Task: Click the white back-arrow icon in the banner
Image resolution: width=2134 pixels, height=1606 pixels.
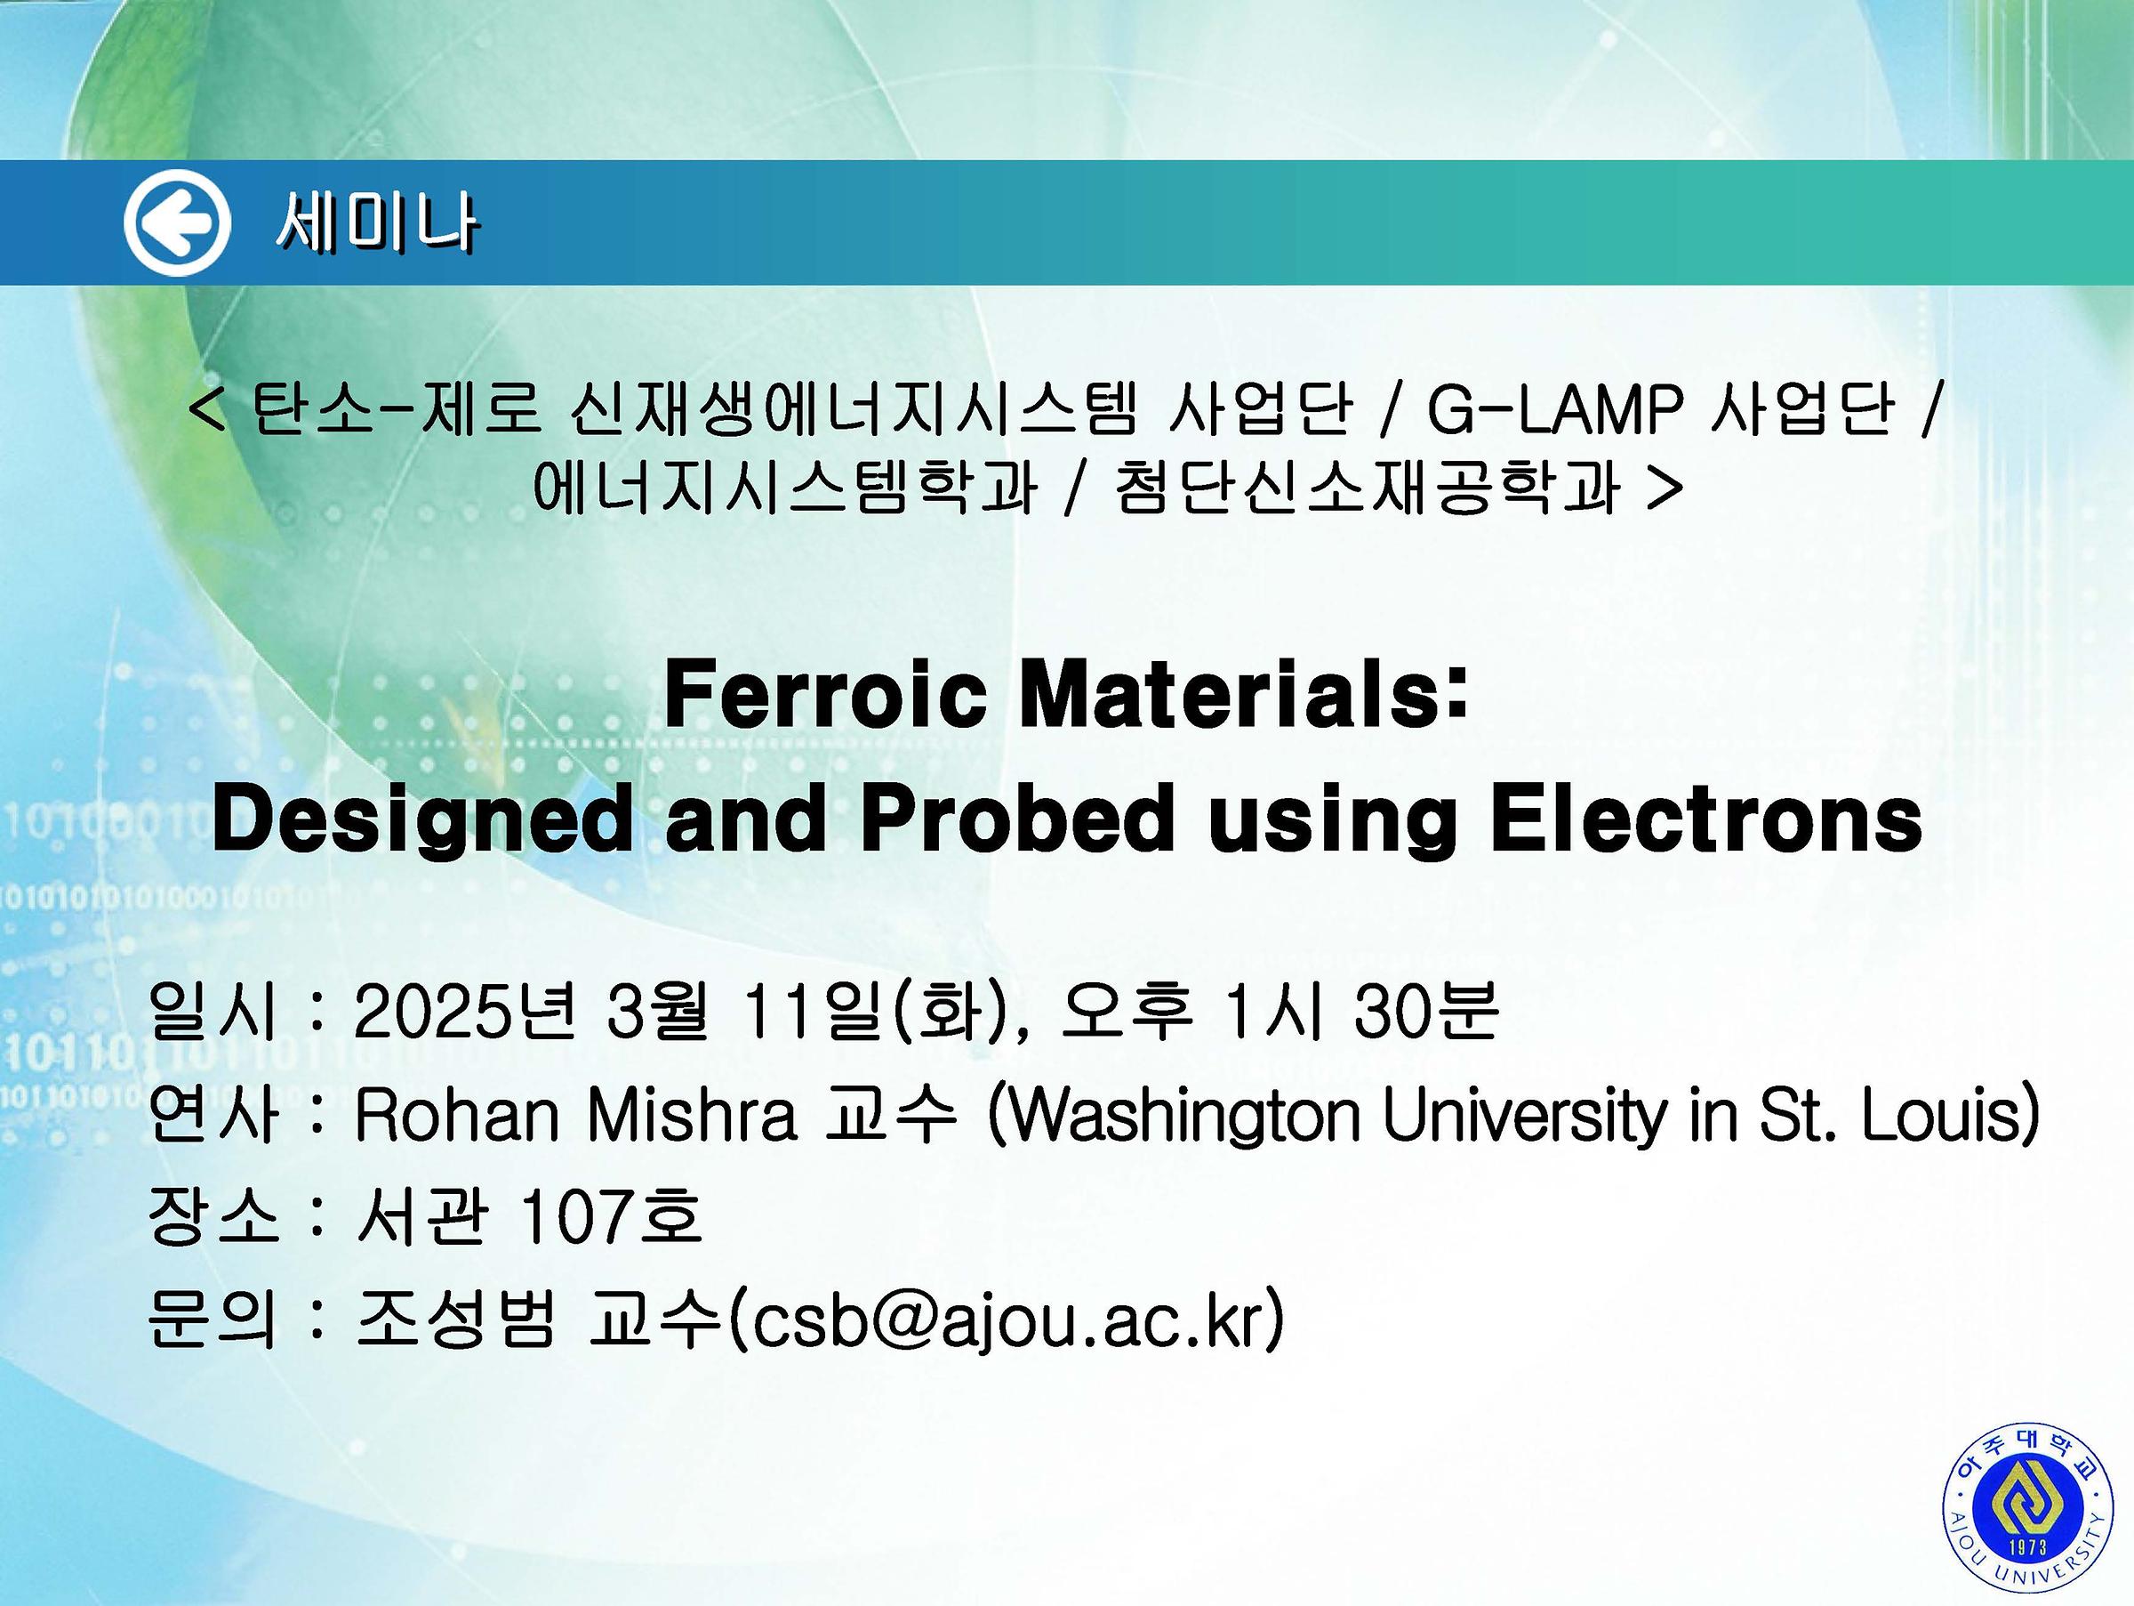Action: pos(178,223)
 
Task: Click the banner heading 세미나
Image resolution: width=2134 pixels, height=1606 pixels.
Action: pos(377,225)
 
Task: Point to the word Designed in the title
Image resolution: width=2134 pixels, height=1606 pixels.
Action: pos(421,821)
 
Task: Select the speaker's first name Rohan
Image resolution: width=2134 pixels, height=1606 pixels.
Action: pos(458,1116)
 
